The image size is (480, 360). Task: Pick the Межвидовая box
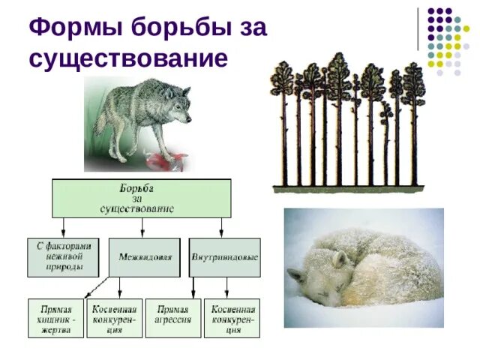145,257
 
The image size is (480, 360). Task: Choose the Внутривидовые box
224,257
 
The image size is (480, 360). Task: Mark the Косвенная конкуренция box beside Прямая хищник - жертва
114,318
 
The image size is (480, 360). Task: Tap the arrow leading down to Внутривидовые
221,228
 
